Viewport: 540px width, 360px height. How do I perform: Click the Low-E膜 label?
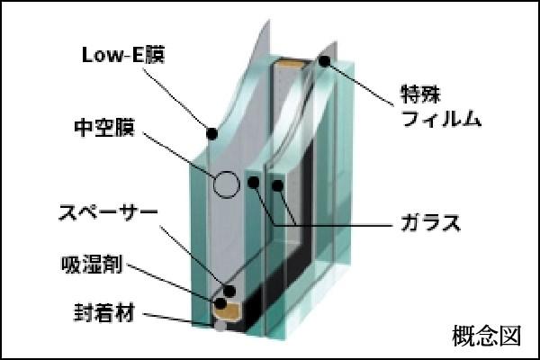(123, 55)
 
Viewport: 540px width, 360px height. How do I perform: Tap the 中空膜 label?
(104, 128)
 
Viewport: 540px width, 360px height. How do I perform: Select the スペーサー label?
(109, 212)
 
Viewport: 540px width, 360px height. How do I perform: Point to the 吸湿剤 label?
(92, 265)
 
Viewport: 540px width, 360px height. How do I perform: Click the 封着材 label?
(103, 313)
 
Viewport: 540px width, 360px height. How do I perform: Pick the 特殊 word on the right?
(420, 94)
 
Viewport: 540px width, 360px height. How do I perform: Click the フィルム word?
(441, 119)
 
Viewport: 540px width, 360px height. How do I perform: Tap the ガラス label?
(430, 222)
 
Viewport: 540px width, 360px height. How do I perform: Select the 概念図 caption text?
(487, 335)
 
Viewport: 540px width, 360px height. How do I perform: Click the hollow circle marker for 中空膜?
(226, 172)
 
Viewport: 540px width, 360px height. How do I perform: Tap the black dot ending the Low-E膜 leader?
(211, 133)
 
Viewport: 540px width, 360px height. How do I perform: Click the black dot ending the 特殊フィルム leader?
(324, 61)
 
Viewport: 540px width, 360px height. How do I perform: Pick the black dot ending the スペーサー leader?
(229, 291)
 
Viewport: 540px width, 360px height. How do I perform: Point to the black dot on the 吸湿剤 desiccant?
(220, 303)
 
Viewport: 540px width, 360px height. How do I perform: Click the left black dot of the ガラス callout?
(254, 182)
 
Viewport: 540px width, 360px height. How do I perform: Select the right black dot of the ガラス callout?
(277, 185)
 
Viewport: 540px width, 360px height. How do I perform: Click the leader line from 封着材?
(169, 319)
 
